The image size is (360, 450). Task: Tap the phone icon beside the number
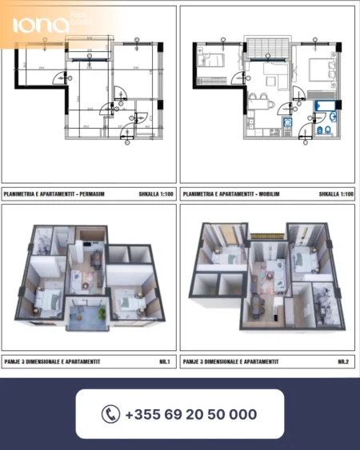coord(110,414)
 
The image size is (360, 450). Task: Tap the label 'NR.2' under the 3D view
coord(343,362)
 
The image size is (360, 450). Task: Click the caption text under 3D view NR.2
coord(232,362)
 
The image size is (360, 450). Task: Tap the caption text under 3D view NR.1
coord(53,362)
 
